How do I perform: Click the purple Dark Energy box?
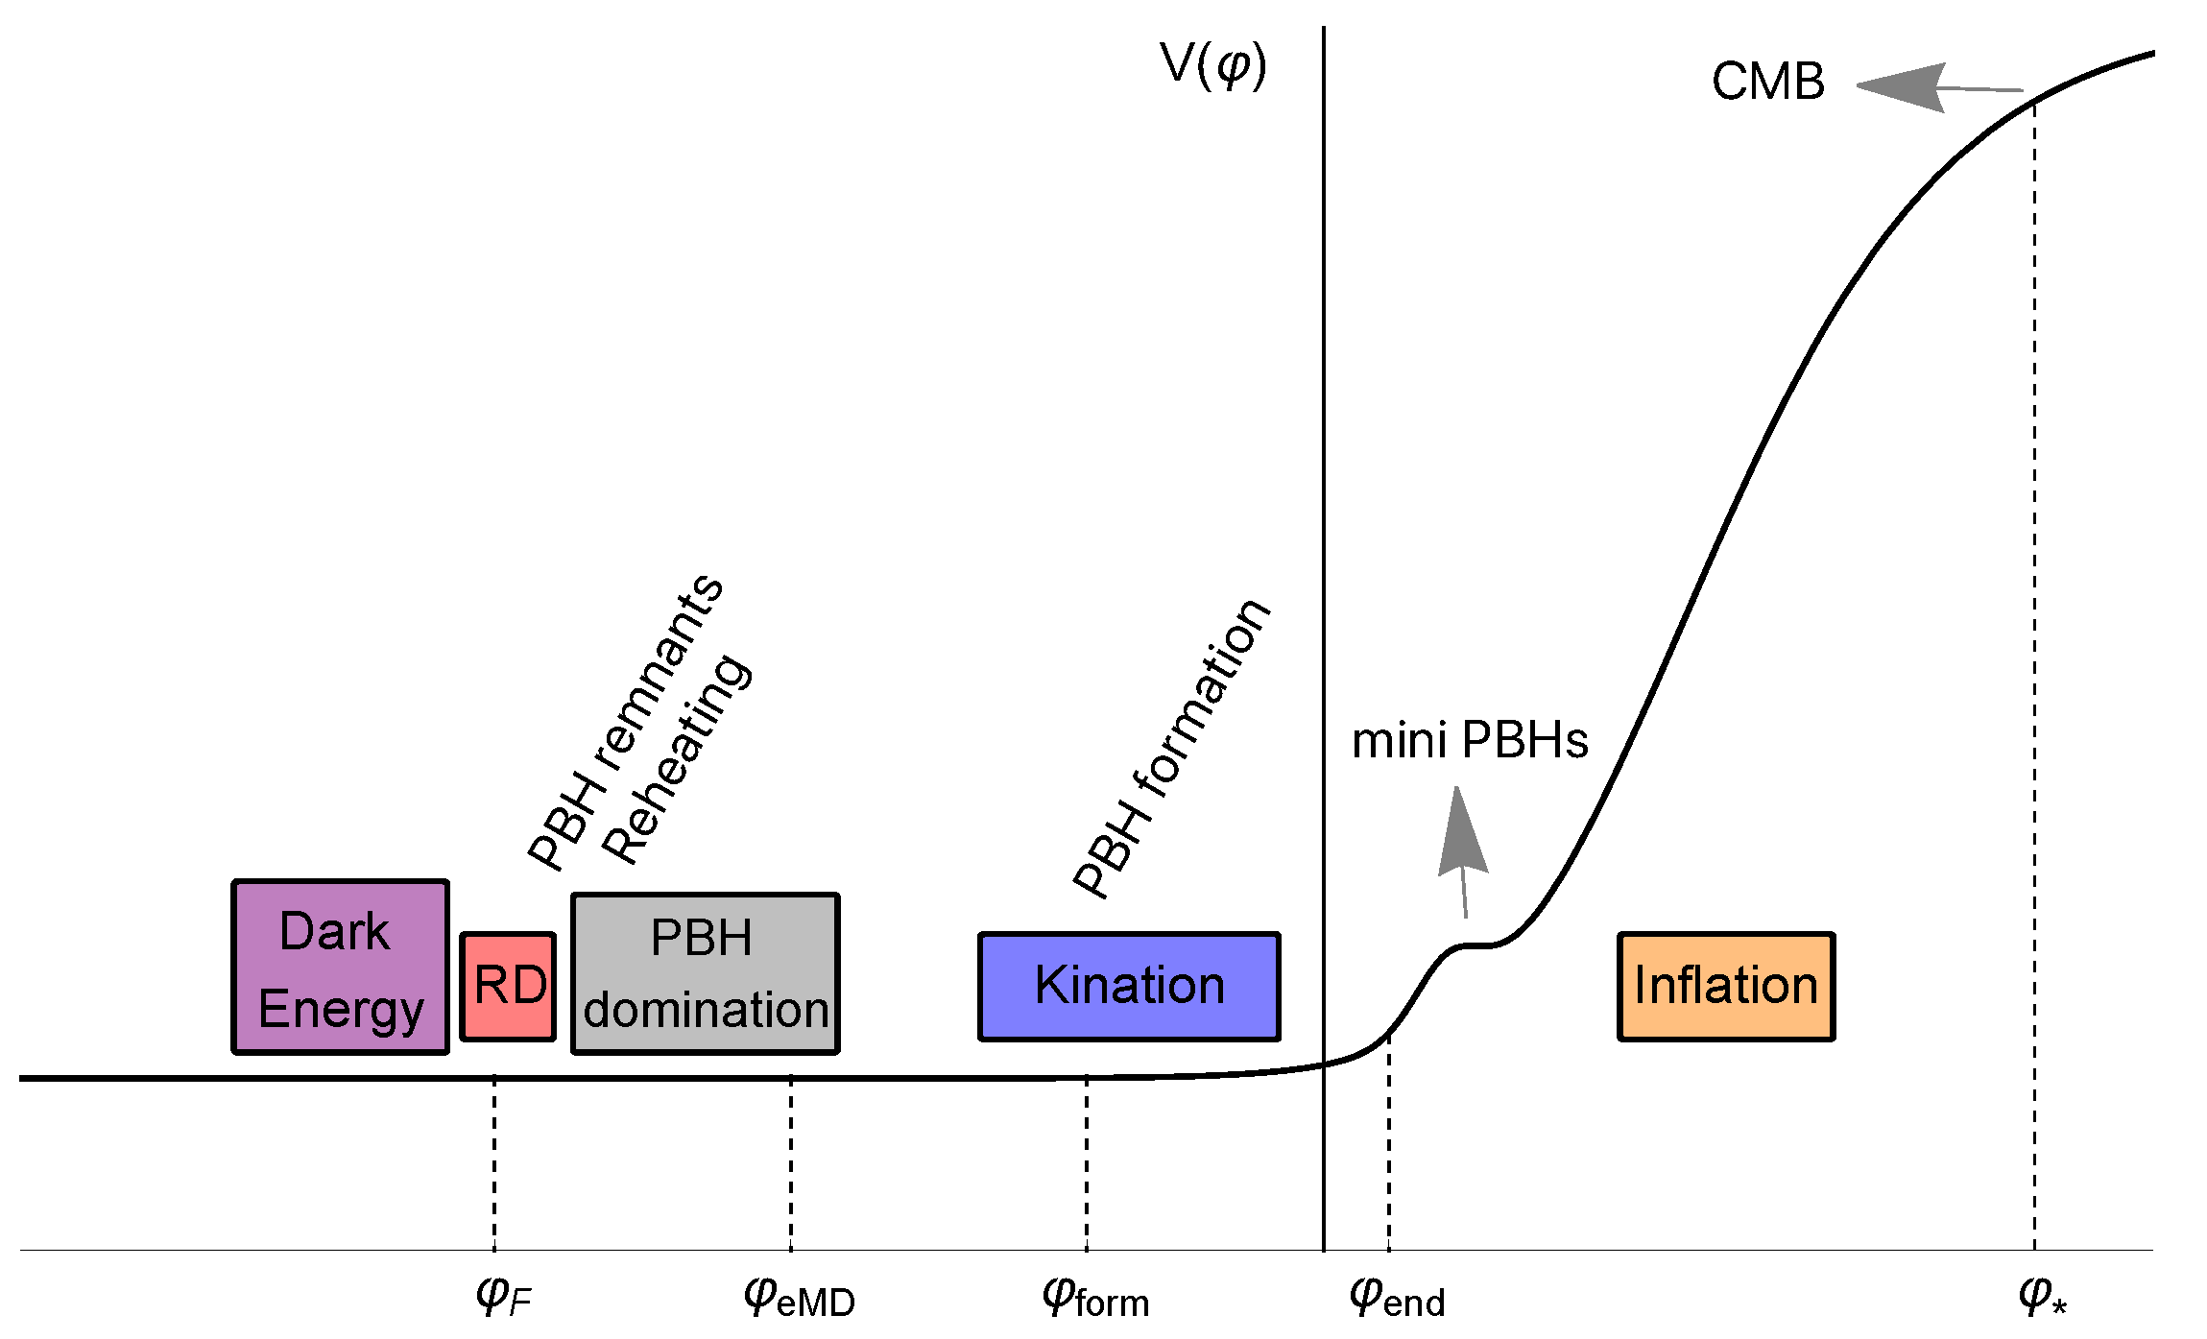click(340, 967)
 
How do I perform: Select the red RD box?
click(508, 986)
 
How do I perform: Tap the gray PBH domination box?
click(705, 973)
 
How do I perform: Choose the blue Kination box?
click(1129, 986)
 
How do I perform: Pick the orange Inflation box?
click(1726, 986)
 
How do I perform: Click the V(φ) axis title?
click(1213, 65)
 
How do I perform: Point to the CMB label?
click(1767, 82)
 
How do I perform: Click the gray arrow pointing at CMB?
click(1930, 88)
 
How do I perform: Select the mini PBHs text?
click(1470, 741)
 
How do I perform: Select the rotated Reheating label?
click(678, 758)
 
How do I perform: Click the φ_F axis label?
click(503, 1297)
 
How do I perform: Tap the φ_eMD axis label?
click(799, 1299)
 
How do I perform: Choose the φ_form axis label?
click(1095, 1299)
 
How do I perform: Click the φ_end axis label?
click(1397, 1299)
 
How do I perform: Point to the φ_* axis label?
click(2042, 1296)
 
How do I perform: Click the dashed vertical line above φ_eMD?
click(791, 1162)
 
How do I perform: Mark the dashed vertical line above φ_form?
click(1087, 1162)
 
